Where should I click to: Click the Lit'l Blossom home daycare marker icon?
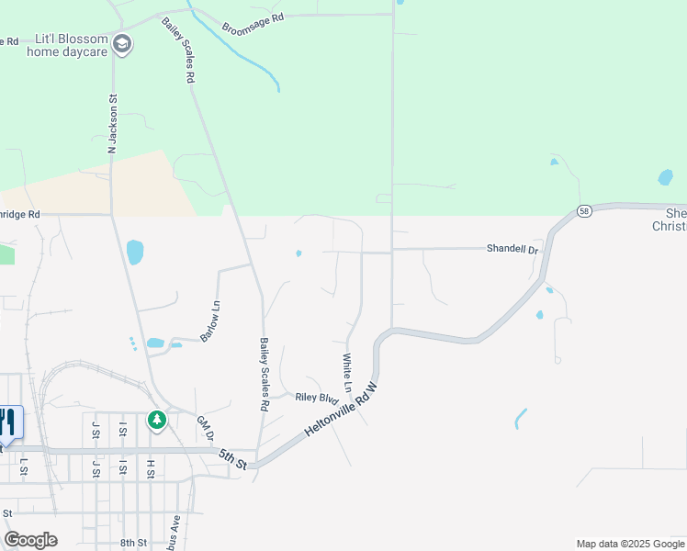pos(122,44)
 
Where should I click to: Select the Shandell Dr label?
pos(512,249)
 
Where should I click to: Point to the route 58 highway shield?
pos(584,211)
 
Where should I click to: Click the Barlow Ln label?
pos(210,320)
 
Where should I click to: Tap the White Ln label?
pos(347,373)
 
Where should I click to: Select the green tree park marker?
pos(157,421)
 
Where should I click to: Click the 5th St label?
pos(233,458)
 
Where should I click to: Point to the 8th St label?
pos(133,543)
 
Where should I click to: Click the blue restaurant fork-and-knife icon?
pos(8,422)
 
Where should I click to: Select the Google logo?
pos(30,540)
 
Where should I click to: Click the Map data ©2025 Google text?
pos(629,544)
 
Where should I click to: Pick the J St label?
pos(95,430)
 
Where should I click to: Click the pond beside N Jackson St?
pos(135,252)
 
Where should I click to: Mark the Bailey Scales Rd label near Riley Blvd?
pos(265,374)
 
